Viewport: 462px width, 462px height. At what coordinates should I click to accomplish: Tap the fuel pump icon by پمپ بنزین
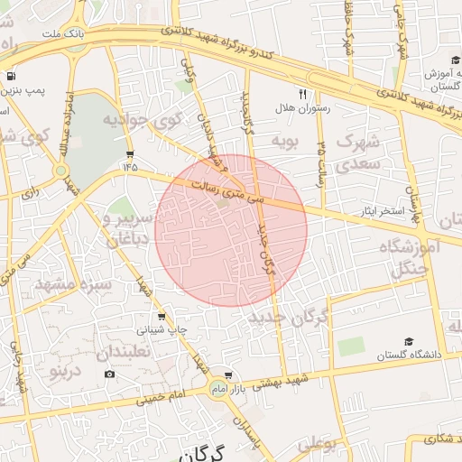[10, 77]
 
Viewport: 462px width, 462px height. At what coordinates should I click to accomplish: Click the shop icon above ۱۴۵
[131, 153]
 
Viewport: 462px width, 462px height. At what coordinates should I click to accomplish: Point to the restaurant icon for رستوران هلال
[303, 93]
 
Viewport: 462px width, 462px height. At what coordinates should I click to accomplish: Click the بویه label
[284, 142]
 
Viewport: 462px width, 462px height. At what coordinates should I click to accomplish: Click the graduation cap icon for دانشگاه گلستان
[409, 342]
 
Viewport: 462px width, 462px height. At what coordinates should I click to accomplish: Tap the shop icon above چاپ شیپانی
[162, 317]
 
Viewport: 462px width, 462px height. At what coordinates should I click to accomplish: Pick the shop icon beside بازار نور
[228, 374]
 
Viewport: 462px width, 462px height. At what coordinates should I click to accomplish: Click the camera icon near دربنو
[110, 374]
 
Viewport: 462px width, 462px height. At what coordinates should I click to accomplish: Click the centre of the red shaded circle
[231, 230]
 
